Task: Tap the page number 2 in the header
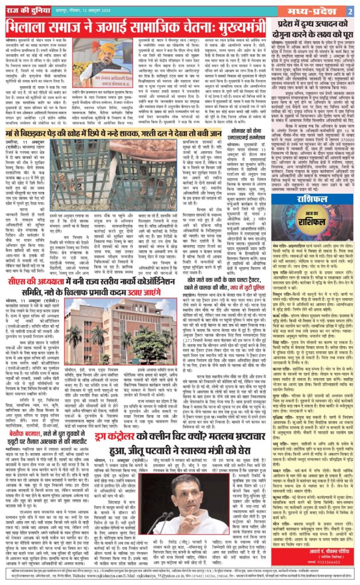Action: (349, 11)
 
